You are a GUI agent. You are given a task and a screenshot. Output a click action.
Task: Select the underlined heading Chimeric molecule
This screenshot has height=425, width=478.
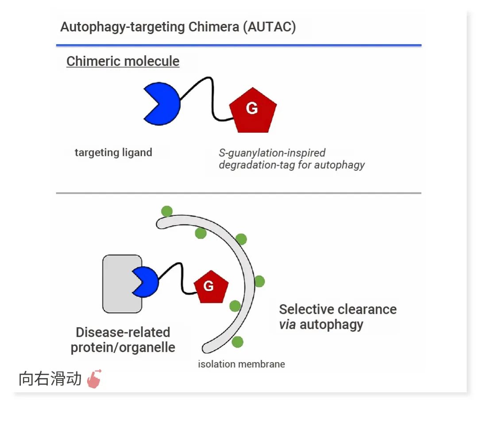pos(123,61)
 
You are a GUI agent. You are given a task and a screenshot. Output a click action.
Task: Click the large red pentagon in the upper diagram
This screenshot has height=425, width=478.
pos(253,110)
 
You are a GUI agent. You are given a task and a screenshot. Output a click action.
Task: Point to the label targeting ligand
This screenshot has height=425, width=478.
pos(113,153)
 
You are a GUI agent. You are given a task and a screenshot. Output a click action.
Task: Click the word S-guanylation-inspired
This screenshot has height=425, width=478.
pos(272,153)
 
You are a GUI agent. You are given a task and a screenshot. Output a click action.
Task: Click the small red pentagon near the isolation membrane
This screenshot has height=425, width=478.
pos(211,287)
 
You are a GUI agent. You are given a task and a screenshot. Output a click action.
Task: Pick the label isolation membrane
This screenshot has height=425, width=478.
pos(241,364)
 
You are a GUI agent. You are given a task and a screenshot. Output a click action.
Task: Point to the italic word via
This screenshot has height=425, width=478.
pos(287,325)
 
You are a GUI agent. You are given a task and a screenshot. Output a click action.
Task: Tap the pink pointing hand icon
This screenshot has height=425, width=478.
pos(94,379)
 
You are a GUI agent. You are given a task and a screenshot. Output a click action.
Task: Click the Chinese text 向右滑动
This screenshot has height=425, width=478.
pos(50,379)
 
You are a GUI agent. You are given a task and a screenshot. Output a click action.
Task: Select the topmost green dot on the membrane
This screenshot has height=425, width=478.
pos(166,211)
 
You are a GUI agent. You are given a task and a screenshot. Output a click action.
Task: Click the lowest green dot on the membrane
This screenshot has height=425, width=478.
pos(237,342)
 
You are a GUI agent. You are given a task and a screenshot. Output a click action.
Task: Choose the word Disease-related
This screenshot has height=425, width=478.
pos(123,332)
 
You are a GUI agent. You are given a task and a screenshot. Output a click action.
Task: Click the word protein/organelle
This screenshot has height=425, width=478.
pos(123,348)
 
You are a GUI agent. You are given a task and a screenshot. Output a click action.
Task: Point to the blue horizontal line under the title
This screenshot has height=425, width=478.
pos(239,45)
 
